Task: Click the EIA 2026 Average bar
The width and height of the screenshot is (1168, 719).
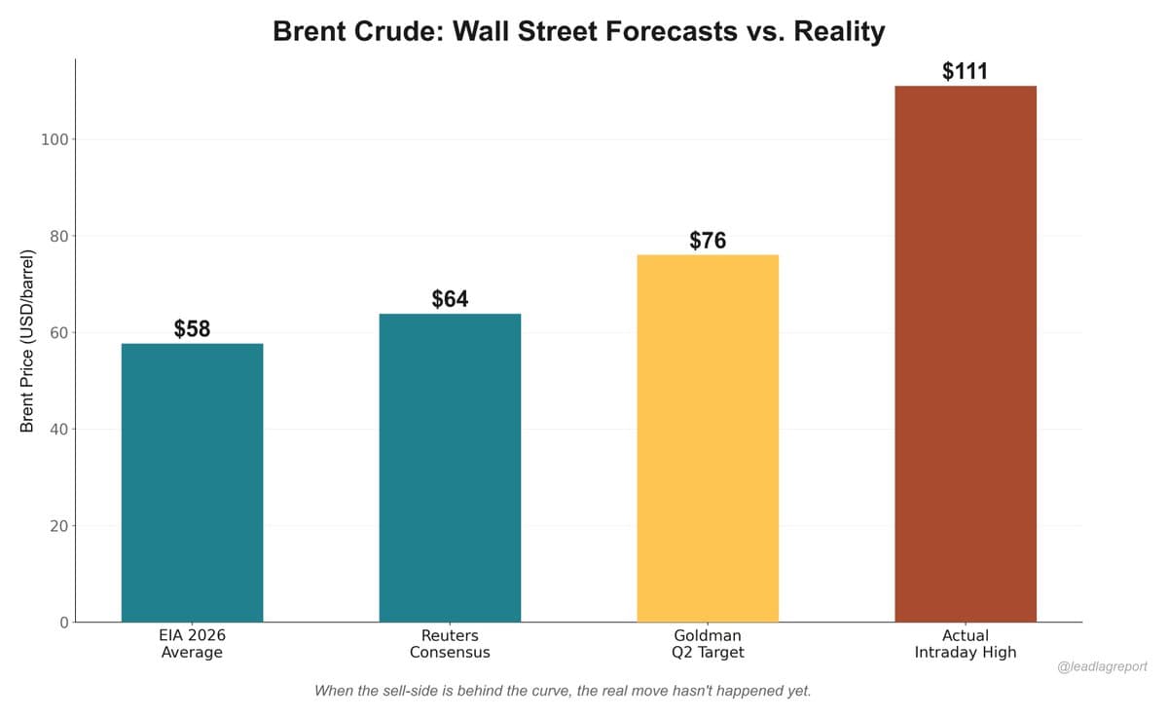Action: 192,482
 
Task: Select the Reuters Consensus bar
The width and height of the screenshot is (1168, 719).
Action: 450,468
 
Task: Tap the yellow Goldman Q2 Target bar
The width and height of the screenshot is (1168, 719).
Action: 708,438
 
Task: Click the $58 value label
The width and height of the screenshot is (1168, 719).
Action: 192,329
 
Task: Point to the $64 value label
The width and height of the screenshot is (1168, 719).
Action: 450,299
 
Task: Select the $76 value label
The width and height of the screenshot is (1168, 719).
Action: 708,241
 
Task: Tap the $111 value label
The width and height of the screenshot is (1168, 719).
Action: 965,71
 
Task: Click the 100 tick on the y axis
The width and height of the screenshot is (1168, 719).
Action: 55,139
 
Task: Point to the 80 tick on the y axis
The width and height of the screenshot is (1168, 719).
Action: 58,236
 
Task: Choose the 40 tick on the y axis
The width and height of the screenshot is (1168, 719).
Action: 58,429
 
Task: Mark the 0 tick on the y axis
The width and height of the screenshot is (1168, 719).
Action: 63,623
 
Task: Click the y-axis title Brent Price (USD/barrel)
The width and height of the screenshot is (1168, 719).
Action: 27,341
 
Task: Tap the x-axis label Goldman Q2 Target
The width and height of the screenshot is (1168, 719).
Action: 708,644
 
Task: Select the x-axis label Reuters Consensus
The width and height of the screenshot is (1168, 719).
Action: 450,644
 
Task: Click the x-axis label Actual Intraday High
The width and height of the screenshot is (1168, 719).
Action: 965,644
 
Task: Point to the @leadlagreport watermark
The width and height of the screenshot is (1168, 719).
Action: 1102,667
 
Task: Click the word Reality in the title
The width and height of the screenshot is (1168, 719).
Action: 839,31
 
